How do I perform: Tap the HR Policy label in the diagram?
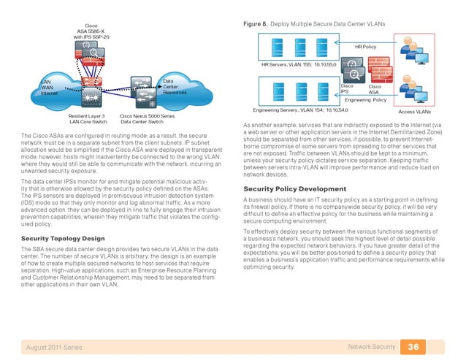coord(365,46)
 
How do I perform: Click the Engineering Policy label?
coord(364,99)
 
